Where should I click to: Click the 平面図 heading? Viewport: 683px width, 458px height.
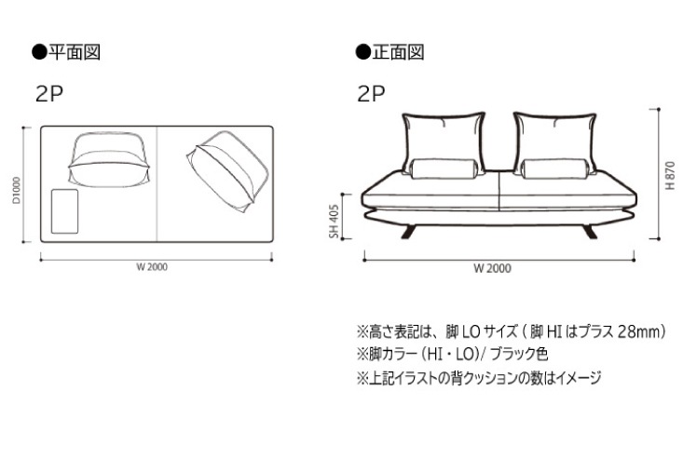[x=74, y=52]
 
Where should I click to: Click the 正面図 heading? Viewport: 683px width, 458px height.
[x=398, y=52]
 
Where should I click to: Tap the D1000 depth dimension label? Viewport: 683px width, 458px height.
[x=17, y=190]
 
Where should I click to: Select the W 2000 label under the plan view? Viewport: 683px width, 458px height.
[x=152, y=267]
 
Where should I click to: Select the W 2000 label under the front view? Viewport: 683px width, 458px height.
[x=492, y=268]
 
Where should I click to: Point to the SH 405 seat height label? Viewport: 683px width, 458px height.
[x=335, y=222]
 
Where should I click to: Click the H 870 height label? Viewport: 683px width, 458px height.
[x=670, y=175]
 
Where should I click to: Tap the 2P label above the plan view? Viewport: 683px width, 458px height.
[x=48, y=94]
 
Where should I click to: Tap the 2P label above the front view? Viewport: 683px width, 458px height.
[x=371, y=94]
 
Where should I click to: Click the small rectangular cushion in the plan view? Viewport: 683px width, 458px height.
[x=65, y=211]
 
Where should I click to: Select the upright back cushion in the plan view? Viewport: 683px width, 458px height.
[x=108, y=159]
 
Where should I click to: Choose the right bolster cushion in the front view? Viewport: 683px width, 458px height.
[x=555, y=168]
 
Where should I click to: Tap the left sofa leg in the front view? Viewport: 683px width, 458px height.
[x=409, y=232]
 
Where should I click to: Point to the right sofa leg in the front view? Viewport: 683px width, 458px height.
[x=590, y=232]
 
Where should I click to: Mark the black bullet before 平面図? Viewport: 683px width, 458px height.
[x=39, y=52]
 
